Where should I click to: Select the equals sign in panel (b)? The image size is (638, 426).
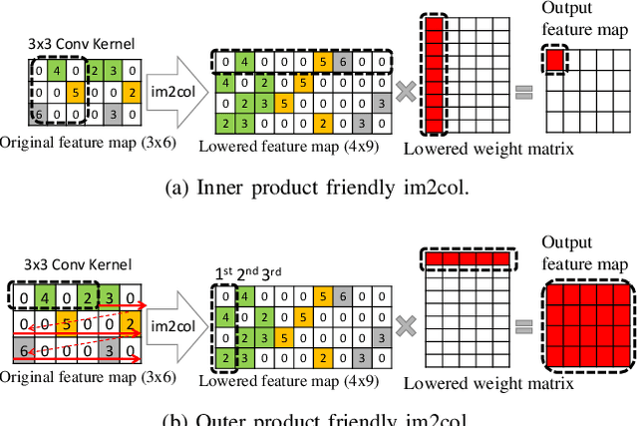click(524, 325)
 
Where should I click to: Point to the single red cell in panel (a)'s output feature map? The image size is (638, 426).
click(554, 60)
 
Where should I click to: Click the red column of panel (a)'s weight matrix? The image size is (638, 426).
click(434, 76)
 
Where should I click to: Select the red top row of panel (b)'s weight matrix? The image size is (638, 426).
click(467, 259)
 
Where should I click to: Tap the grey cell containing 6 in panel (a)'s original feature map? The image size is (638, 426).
click(38, 116)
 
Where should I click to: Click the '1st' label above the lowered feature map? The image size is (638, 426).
click(224, 272)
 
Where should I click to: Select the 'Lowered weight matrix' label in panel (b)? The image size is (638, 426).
click(487, 383)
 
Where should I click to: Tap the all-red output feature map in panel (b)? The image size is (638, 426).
click(584, 325)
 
